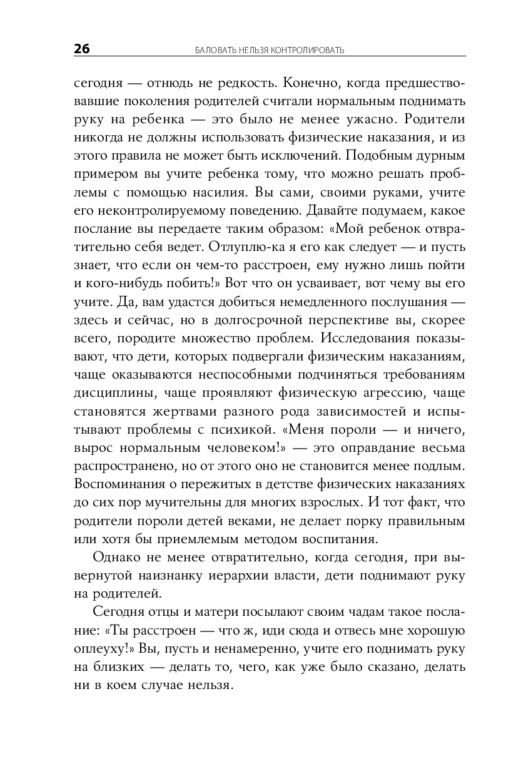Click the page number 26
tap(82, 49)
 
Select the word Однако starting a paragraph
tap(115, 557)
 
